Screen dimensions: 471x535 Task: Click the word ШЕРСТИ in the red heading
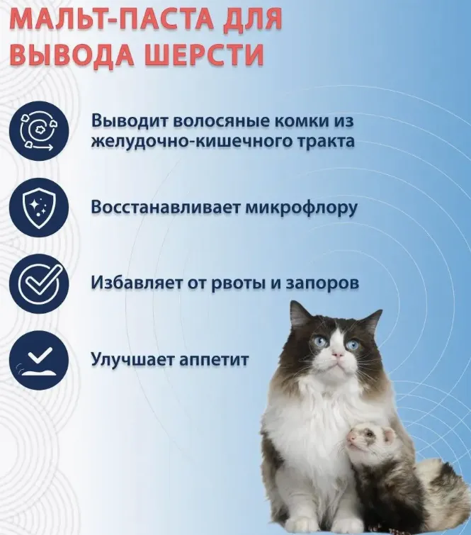[205, 55]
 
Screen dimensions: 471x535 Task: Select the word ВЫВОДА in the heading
[72, 55]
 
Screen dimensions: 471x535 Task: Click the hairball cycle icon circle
[39, 131]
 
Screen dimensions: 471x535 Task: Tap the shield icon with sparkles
[39, 208]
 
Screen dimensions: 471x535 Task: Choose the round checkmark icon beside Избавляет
[39, 284]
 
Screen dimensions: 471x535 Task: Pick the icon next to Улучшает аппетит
[39, 360]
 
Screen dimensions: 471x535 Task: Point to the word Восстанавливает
[166, 208]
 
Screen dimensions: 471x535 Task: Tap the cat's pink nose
[337, 356]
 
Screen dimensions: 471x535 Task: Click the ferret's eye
[370, 434]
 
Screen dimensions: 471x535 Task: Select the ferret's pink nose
[351, 437]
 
